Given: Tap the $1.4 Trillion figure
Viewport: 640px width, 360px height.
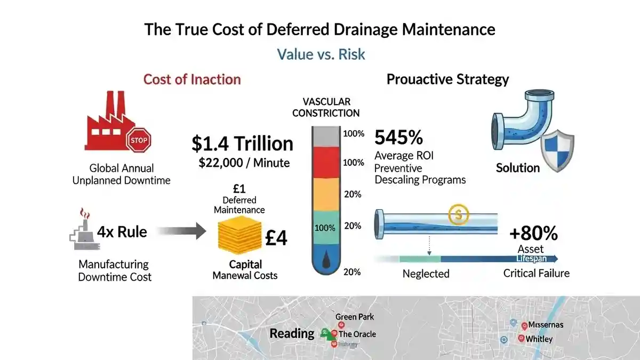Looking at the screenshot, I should [x=243, y=143].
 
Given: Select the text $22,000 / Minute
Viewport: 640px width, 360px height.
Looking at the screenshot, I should [x=244, y=163].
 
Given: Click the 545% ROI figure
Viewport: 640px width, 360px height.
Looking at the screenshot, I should [x=398, y=138].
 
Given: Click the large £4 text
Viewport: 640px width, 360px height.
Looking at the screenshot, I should [x=276, y=238].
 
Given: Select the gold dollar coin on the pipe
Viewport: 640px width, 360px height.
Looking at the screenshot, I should [x=457, y=215].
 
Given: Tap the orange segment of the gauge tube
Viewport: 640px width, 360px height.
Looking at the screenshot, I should [x=325, y=194].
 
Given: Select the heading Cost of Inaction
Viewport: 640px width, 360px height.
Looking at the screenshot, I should [x=192, y=79].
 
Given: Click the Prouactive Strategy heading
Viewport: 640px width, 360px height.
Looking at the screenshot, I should [x=447, y=79].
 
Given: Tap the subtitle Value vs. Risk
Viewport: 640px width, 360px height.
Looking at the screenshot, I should [x=321, y=54].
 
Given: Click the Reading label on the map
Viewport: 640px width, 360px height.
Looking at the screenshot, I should [x=292, y=334].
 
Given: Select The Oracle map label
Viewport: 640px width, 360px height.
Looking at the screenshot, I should [x=357, y=334].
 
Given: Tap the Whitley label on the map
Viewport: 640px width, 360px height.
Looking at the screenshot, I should [x=539, y=339].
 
